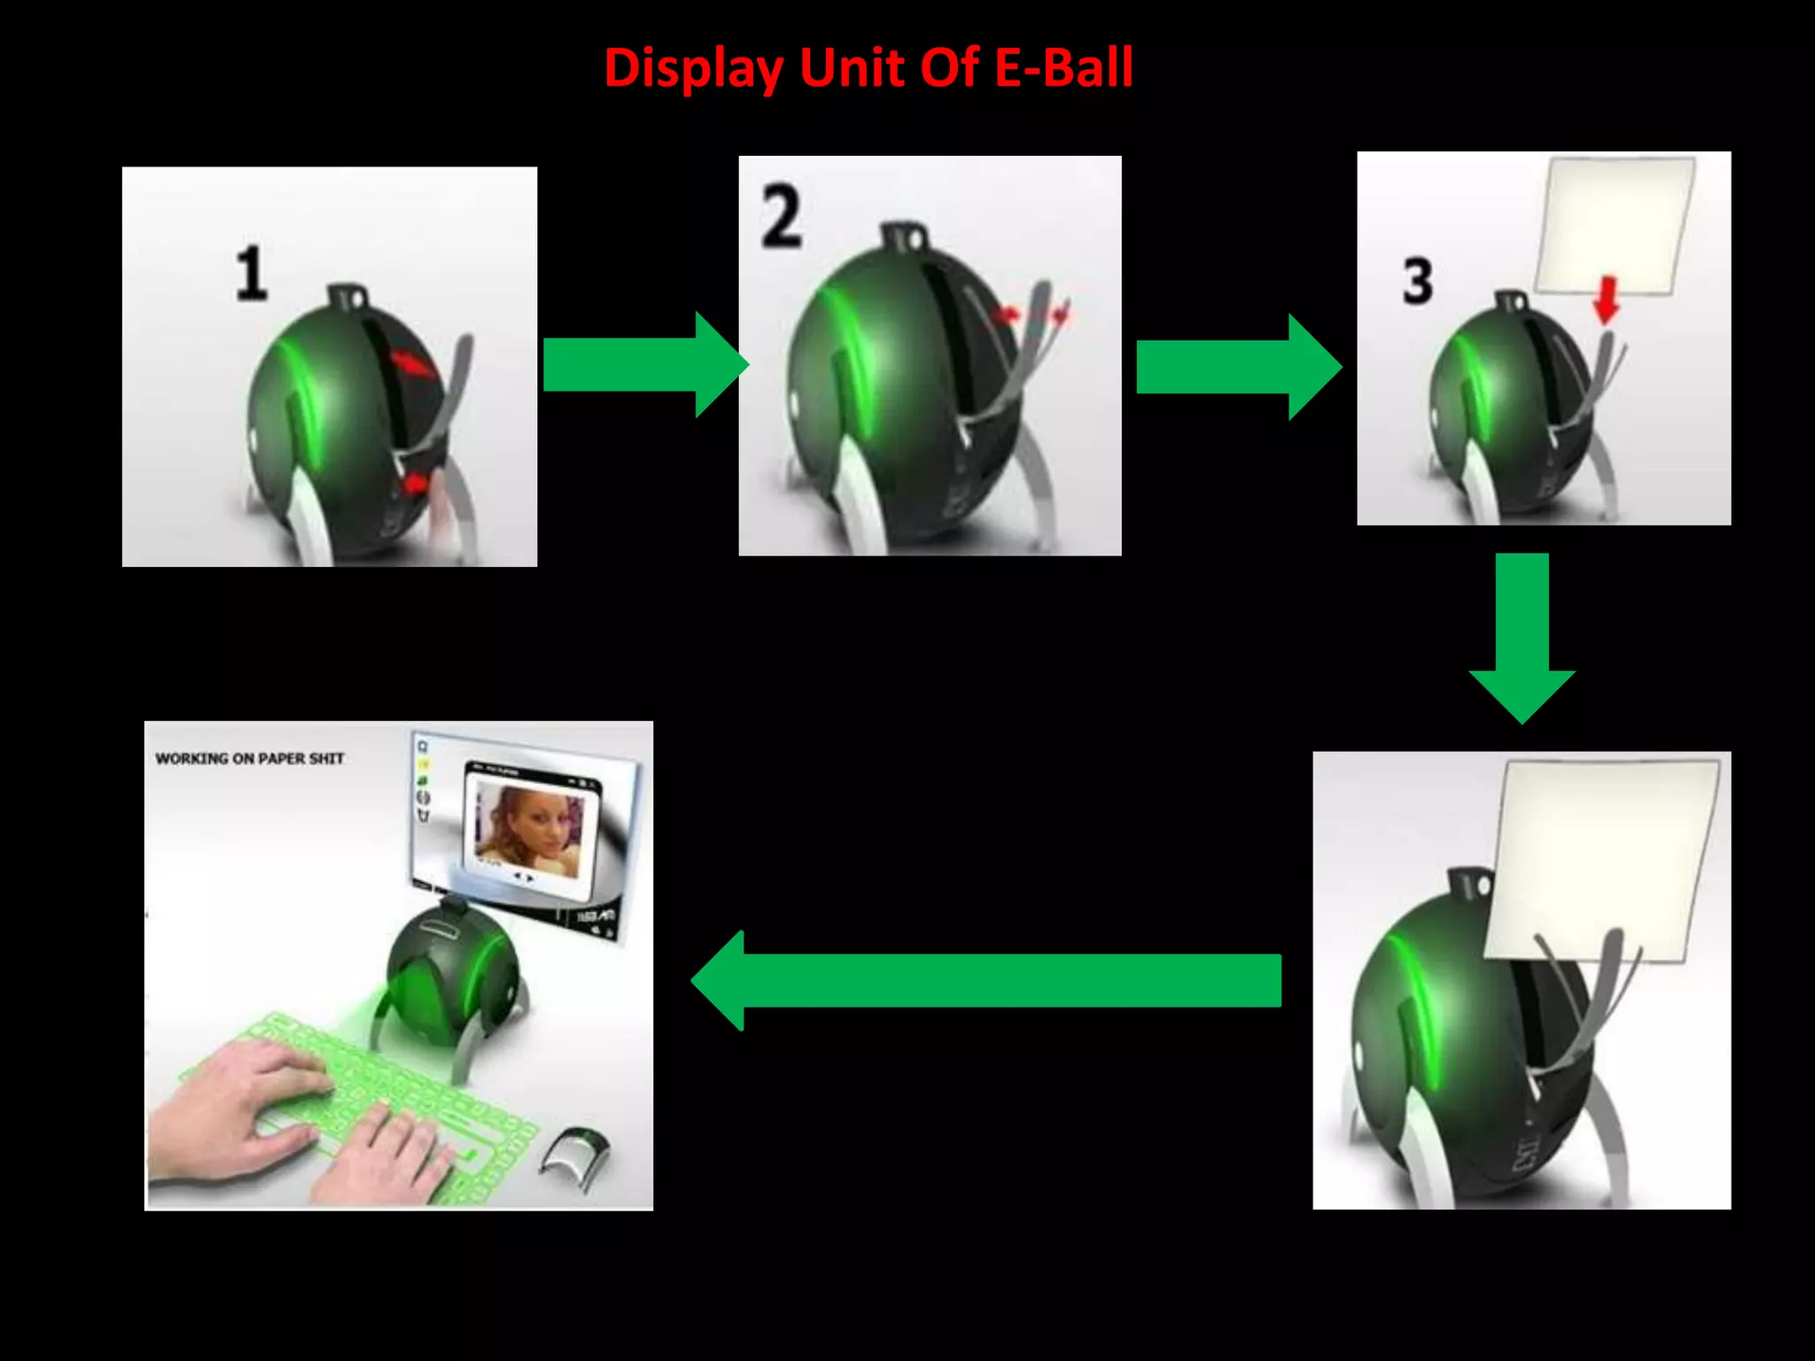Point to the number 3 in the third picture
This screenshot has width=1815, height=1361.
pos(1417,281)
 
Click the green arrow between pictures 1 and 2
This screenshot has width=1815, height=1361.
pos(643,364)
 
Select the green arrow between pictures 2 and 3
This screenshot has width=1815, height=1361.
pos(1236,366)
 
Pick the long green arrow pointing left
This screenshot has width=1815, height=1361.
pos(984,980)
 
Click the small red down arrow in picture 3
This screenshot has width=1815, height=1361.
pos(1606,299)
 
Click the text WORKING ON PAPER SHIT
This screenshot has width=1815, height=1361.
pos(249,758)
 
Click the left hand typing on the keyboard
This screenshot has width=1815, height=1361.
pos(239,1099)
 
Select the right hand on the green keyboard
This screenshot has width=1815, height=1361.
pos(390,1152)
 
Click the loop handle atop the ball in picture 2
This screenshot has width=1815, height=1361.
pos(903,237)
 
